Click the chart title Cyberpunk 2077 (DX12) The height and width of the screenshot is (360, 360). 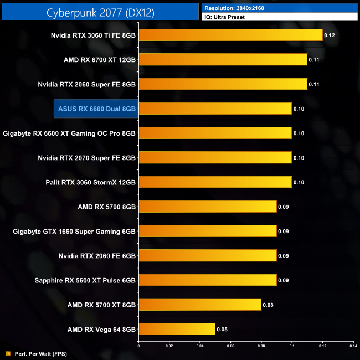(99, 12)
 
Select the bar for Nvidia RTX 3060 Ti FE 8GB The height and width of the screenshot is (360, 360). (230, 35)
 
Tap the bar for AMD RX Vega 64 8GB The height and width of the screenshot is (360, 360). (177, 329)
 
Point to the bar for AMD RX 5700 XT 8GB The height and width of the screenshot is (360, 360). (199, 305)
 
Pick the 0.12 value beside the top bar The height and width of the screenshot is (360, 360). (330, 35)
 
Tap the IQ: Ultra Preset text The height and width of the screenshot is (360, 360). (224, 17)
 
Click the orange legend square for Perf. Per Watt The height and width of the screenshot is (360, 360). (8, 353)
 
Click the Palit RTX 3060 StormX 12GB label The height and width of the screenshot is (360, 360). (90, 182)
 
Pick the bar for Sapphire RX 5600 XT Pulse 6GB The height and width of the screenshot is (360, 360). (207, 280)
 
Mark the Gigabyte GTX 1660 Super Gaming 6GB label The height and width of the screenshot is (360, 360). (74, 231)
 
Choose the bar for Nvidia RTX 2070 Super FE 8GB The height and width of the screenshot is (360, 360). (215, 158)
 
